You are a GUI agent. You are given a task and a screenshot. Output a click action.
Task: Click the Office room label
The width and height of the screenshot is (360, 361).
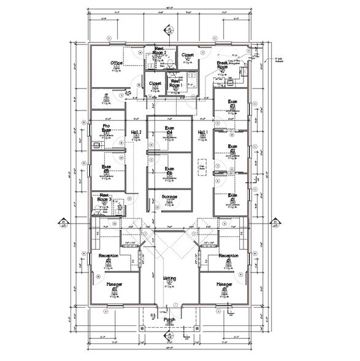[x=117, y=63]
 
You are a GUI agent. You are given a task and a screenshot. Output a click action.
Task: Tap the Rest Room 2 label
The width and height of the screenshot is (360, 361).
[x=161, y=51]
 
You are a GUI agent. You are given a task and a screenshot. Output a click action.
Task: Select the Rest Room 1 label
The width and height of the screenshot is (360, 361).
[x=175, y=83]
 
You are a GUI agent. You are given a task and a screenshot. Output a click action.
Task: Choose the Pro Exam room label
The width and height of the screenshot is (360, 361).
[x=106, y=128]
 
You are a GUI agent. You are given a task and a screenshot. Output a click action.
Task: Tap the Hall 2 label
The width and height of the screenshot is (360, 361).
[x=136, y=133]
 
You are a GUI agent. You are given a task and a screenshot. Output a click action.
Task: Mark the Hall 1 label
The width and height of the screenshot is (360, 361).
[x=203, y=133]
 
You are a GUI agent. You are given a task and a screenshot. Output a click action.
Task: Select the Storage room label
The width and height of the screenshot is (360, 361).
[x=169, y=196]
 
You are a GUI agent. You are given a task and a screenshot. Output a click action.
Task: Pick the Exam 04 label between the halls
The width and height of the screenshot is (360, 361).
[x=169, y=130]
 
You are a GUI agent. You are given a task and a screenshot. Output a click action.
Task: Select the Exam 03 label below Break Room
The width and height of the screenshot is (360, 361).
[x=232, y=104]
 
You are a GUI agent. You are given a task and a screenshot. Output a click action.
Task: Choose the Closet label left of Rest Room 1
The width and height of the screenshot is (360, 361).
[x=155, y=83]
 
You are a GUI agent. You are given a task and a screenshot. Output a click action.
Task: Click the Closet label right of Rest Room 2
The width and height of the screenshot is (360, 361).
[x=188, y=55]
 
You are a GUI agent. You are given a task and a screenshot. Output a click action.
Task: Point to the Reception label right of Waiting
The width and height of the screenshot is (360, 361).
[x=229, y=256]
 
